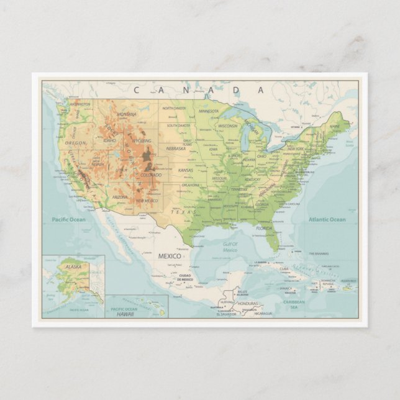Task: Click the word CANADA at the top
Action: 199,90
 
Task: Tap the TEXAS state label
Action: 183,212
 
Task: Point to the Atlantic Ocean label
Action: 327,219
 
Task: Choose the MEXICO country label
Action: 169,256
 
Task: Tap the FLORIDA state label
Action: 265,229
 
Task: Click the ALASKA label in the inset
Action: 73,266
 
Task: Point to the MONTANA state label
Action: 127,114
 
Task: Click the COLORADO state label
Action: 151,175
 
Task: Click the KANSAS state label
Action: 186,170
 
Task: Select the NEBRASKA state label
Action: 176,148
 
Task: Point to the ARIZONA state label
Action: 120,197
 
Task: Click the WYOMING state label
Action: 142,140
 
